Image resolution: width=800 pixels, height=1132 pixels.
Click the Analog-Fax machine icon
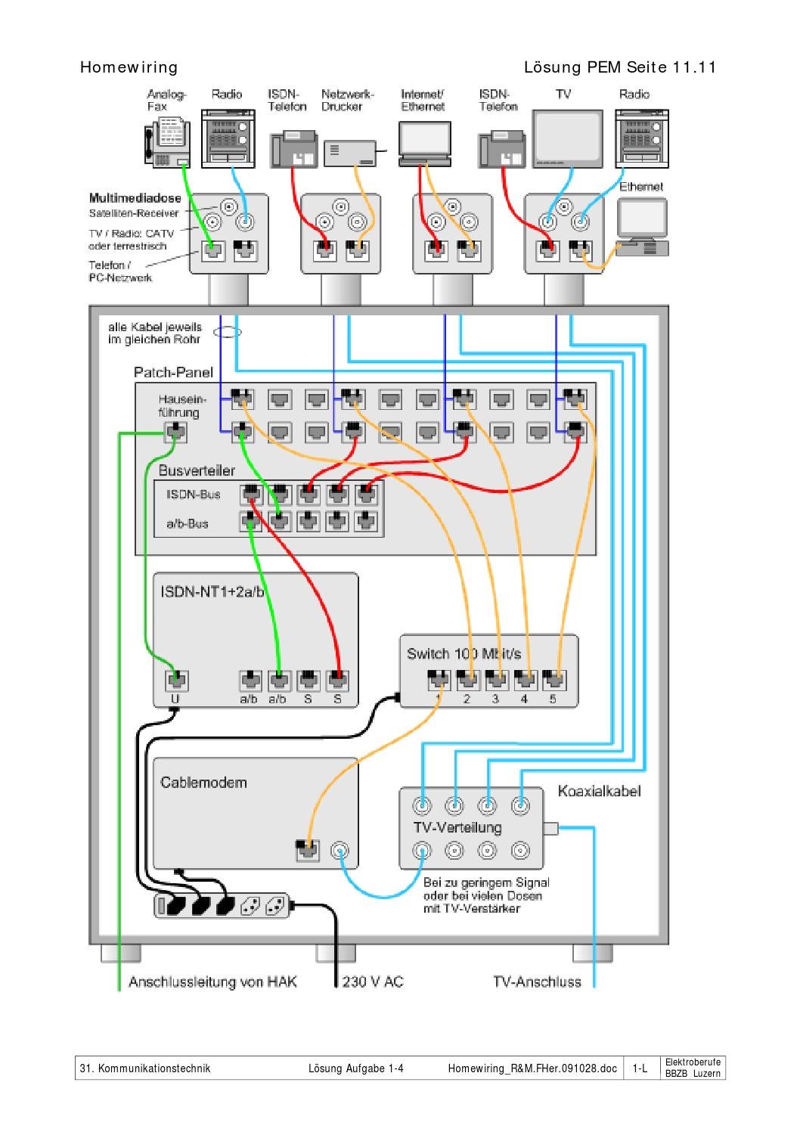[x=166, y=141]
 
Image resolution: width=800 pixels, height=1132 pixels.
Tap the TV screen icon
[x=567, y=138]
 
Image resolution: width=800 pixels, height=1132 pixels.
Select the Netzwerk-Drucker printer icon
[x=350, y=154]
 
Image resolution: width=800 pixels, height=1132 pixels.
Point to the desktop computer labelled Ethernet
[x=642, y=226]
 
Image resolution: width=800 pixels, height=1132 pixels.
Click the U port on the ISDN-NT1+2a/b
[x=175, y=681]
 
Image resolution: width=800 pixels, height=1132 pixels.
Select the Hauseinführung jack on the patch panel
[x=175, y=433]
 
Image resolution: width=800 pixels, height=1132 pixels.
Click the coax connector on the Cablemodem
[x=341, y=850]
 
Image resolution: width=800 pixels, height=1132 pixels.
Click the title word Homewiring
[x=129, y=67]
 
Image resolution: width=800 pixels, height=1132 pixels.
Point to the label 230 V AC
[x=373, y=982]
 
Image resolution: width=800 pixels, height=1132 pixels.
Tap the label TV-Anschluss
[x=537, y=982]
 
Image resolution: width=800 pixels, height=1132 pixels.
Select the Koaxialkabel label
[x=599, y=791]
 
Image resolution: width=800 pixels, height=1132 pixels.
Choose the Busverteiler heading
[x=197, y=470]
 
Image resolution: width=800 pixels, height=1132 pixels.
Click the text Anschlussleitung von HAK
[x=212, y=982]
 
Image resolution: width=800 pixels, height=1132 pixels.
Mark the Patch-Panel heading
[x=173, y=372]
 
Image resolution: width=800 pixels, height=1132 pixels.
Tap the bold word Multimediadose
[x=135, y=198]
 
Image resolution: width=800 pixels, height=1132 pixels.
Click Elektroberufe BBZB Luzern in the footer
[x=693, y=1068]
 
